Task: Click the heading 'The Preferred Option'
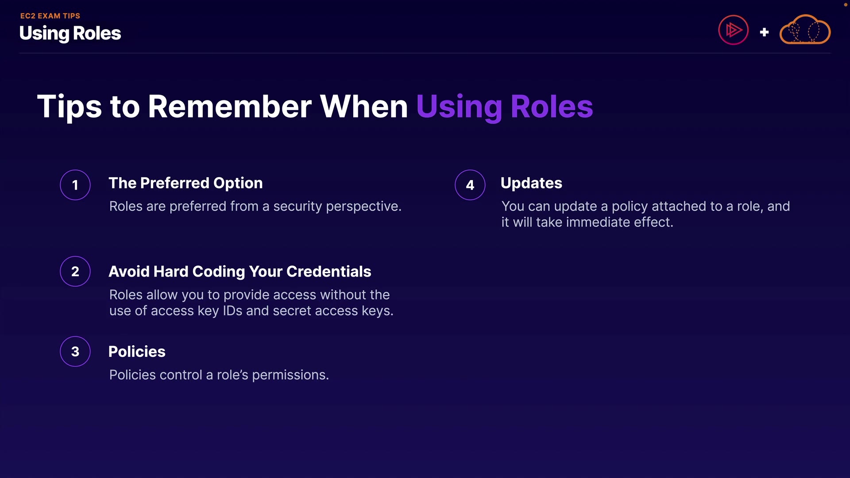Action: pos(185,183)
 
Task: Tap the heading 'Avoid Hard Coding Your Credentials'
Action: pos(240,272)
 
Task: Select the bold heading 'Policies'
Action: pos(137,351)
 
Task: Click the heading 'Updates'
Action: pos(531,183)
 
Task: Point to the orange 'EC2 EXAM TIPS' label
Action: pos(50,16)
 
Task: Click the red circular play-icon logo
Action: pos(733,30)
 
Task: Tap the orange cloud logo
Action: pos(805,30)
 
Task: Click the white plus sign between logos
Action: pos(764,32)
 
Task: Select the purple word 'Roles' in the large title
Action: pos(552,107)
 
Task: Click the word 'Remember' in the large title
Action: pos(230,107)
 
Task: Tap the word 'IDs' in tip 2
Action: pos(232,311)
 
